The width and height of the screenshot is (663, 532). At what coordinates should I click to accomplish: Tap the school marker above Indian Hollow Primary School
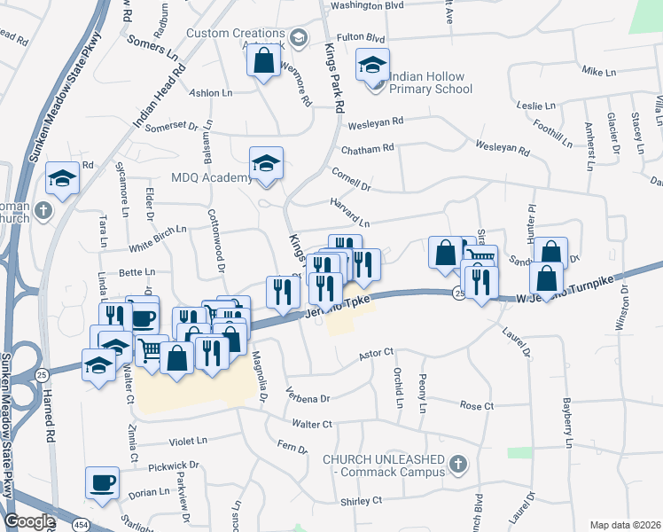(x=373, y=65)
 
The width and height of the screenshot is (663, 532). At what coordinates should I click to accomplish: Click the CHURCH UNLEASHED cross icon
(x=458, y=464)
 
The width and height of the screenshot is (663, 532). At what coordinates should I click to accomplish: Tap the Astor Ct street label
(x=375, y=354)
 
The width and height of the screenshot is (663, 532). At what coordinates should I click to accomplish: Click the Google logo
(x=29, y=521)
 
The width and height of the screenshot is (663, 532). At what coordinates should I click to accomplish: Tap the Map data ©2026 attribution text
(x=625, y=525)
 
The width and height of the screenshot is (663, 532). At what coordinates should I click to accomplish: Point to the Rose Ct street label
(x=476, y=405)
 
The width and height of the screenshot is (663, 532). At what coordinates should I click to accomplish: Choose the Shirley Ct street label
(x=361, y=501)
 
